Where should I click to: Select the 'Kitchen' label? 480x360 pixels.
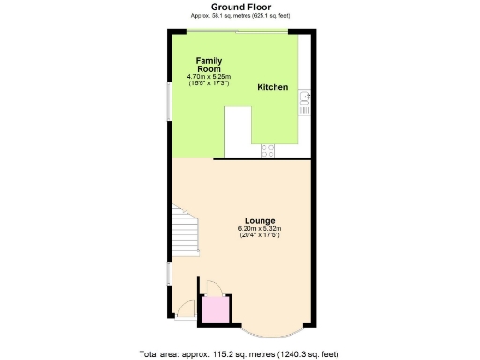click(x=272, y=87)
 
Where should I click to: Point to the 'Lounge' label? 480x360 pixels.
click(x=260, y=220)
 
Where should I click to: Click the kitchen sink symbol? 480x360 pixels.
click(x=304, y=101)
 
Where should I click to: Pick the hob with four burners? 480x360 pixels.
click(x=266, y=148)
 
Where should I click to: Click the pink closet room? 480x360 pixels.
click(x=217, y=308)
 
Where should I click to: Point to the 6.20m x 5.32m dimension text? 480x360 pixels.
click(x=260, y=228)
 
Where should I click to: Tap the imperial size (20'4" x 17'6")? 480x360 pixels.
click(x=260, y=234)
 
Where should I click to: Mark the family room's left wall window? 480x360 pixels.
click(x=170, y=99)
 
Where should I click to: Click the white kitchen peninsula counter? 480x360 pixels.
click(x=238, y=130)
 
